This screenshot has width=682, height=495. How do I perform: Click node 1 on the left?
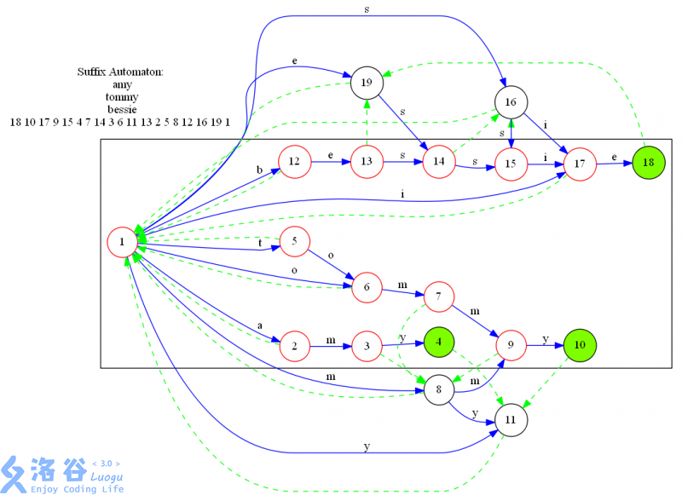click(x=124, y=243)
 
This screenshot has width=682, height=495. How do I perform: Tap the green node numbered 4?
click(x=439, y=342)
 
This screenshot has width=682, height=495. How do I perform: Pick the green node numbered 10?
click(x=580, y=345)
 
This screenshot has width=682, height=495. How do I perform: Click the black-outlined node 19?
click(x=367, y=82)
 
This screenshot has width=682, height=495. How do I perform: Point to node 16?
click(x=511, y=102)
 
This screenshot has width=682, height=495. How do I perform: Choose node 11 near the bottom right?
click(x=511, y=421)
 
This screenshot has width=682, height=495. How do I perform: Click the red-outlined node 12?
click(x=294, y=162)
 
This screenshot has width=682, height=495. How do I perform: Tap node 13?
click(x=367, y=162)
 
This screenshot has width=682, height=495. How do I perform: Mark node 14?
click(x=439, y=162)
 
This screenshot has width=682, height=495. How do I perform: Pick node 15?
click(x=511, y=164)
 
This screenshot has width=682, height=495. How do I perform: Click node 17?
click(x=580, y=164)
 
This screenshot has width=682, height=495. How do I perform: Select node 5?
click(x=294, y=242)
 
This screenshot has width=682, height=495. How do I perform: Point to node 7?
click(x=438, y=296)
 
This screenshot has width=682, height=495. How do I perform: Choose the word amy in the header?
click(x=121, y=85)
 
